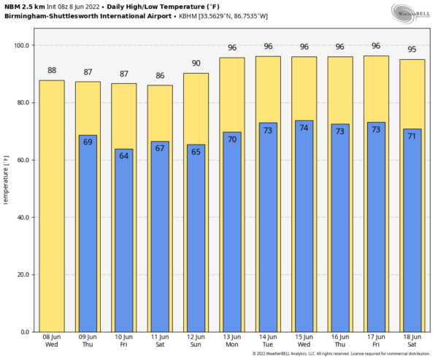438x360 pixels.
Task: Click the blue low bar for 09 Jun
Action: (88, 234)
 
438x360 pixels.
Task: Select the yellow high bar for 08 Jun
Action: (52, 204)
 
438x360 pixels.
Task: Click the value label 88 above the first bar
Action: (52, 71)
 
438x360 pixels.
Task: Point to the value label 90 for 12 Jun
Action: (196, 64)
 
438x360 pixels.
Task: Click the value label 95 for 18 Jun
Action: (412, 50)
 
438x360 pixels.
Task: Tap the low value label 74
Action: (304, 128)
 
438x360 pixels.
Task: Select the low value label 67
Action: (160, 148)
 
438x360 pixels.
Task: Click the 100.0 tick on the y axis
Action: (23, 45)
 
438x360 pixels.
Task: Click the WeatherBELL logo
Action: (412, 12)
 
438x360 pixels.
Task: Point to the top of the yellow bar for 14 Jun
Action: (268, 57)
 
